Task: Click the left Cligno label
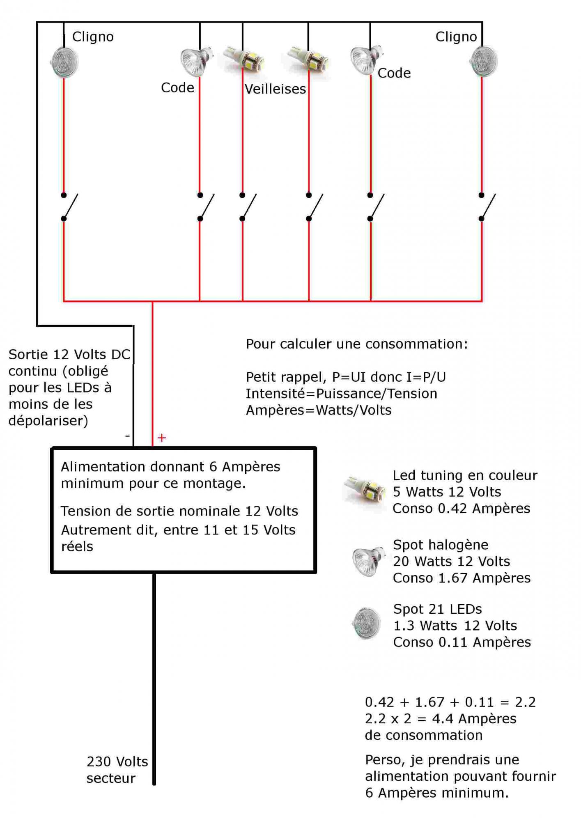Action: [93, 37]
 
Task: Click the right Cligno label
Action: [456, 37]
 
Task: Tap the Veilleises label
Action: [275, 89]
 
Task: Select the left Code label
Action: [177, 88]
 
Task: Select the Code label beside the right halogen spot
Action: [394, 73]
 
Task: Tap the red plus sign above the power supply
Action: [162, 438]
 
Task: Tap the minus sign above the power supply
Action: [127, 436]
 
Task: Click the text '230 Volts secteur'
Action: [117, 770]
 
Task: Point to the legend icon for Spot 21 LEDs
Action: [366, 624]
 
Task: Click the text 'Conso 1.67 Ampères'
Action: [462, 578]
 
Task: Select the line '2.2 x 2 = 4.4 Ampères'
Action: [440, 719]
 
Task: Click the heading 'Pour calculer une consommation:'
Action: [356, 344]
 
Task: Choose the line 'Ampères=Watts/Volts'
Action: [319, 410]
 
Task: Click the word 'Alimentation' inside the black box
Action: [103, 467]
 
